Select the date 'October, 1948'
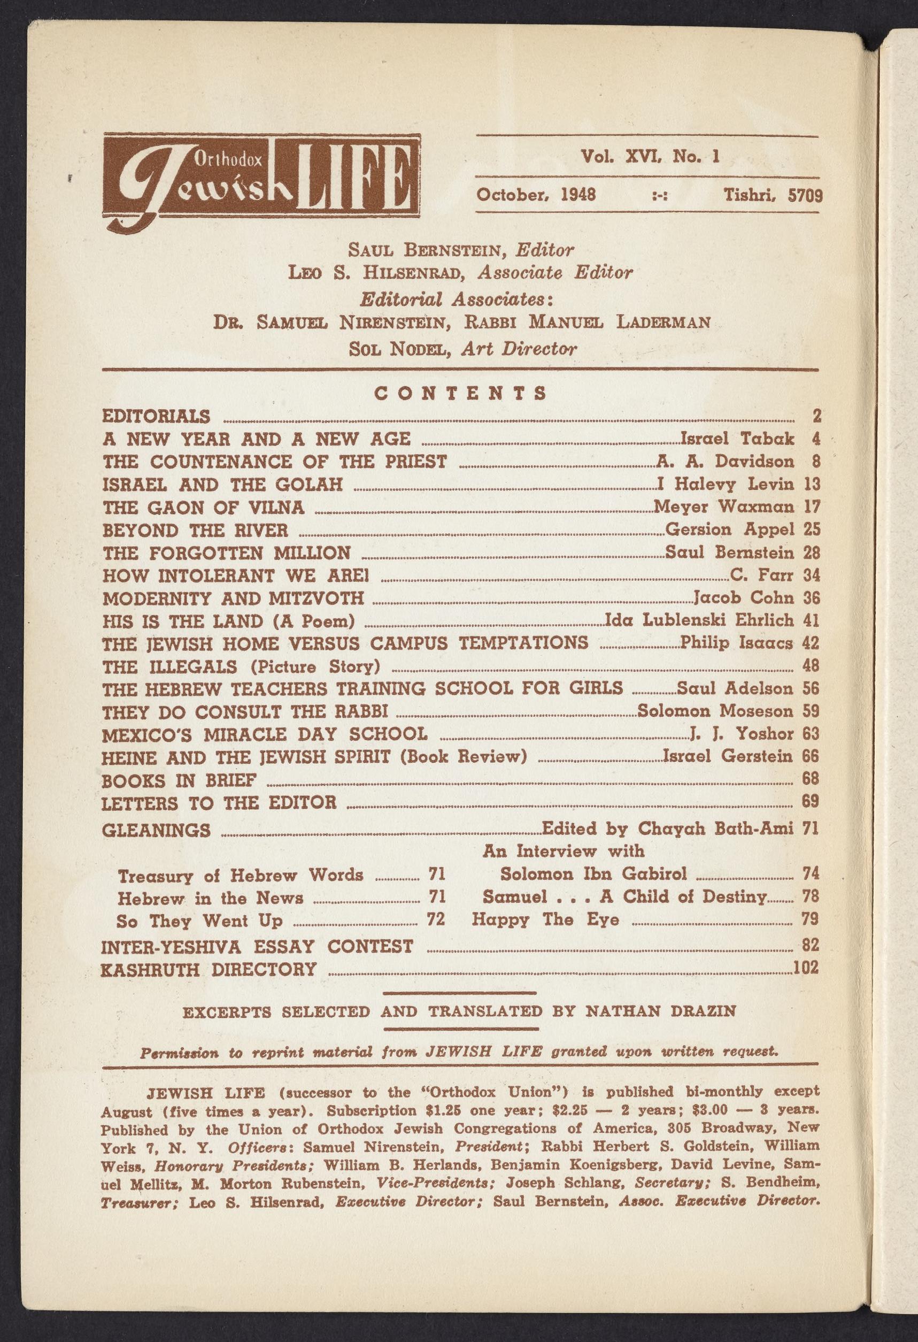pyautogui.click(x=536, y=194)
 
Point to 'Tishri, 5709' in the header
pyautogui.click(x=773, y=195)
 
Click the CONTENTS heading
pyautogui.click(x=460, y=394)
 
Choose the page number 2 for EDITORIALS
pyautogui.click(x=816, y=416)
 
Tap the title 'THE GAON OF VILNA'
pyautogui.click(x=203, y=507)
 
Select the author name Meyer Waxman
pyautogui.click(x=723, y=507)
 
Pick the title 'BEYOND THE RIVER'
pyautogui.click(x=195, y=530)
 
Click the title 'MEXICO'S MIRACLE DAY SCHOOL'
pyautogui.click(x=265, y=734)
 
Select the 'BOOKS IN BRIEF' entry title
pyautogui.click(x=179, y=780)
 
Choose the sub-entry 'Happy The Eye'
pyautogui.click(x=545, y=919)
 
